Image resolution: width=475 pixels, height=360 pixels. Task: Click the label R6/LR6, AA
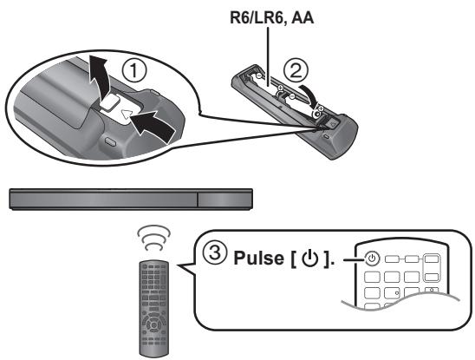[271, 17]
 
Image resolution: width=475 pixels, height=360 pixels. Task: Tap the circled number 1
[134, 70]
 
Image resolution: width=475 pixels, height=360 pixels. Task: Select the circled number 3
[215, 252]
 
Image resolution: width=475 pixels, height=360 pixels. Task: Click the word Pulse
[259, 259]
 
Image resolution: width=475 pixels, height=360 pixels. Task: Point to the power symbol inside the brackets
[310, 259]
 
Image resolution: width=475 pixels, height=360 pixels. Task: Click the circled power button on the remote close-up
[373, 259]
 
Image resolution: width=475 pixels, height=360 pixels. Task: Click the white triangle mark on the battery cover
[127, 115]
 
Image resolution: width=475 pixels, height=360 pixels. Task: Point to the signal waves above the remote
[154, 238]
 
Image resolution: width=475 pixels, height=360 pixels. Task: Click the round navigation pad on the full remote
[153, 324]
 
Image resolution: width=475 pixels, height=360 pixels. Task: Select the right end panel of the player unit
[224, 200]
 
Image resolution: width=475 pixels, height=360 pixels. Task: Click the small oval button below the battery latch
[110, 141]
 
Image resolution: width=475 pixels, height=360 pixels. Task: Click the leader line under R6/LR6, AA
[269, 57]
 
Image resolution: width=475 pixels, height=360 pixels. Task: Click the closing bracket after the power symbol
[326, 259]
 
